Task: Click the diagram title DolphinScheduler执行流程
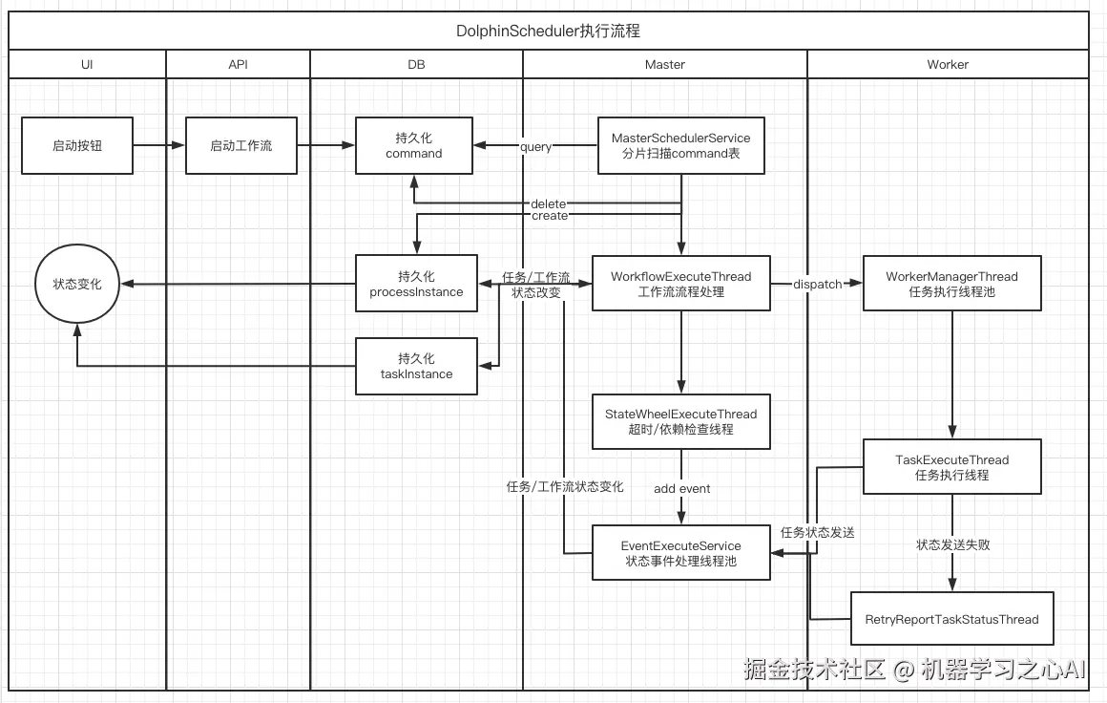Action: [548, 31]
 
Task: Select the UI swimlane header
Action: [87, 64]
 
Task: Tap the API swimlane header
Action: [238, 64]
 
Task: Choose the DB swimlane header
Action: [416, 64]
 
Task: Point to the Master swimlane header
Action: [664, 64]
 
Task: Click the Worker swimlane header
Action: [947, 64]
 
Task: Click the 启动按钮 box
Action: [77, 146]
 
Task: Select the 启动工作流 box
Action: [240, 146]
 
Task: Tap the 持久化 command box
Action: [413, 146]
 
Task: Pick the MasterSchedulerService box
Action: [680, 146]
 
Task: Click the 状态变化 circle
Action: [76, 284]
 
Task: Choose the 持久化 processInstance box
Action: [416, 284]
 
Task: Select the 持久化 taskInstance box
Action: [416, 366]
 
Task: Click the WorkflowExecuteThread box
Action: [680, 284]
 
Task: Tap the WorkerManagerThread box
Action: [951, 284]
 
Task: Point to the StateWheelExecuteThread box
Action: [680, 421]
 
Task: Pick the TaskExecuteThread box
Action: [951, 467]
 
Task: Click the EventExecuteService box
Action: [680, 553]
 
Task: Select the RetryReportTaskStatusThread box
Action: [951, 619]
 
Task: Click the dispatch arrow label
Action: [817, 284]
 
